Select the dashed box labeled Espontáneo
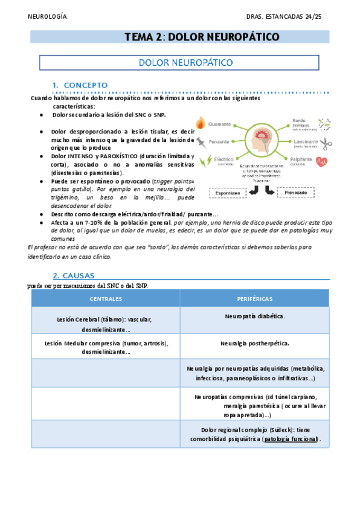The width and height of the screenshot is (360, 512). [x=228, y=193]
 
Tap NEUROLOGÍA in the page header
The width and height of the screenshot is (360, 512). [x=48, y=16]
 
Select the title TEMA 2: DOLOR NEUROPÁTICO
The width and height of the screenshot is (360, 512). [x=202, y=37]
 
